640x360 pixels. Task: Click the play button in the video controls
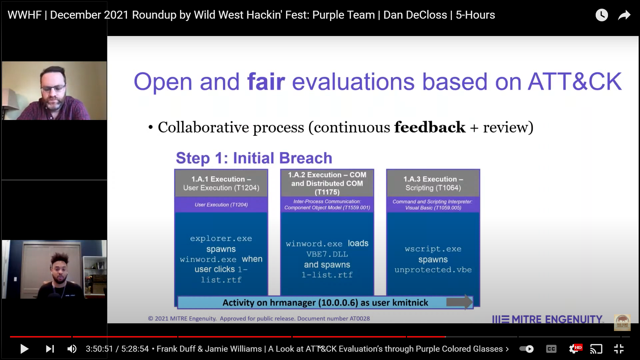point(24,349)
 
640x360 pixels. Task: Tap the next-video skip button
point(50,349)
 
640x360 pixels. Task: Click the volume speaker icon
point(72,349)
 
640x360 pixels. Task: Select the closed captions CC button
point(551,349)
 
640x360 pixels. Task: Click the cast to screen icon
point(596,349)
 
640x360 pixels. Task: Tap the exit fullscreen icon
point(619,349)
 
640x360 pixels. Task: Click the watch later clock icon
point(602,15)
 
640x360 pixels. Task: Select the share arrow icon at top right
point(624,15)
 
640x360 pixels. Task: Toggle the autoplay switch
point(527,349)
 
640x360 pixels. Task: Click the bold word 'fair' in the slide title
point(266,82)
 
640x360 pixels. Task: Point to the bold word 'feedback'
point(430,127)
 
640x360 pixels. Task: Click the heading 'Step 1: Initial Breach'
point(254,158)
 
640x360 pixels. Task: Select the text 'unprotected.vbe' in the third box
point(433,270)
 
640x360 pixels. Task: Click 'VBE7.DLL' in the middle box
point(327,254)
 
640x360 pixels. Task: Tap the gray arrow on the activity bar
point(460,302)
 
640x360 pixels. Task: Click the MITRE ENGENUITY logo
point(548,319)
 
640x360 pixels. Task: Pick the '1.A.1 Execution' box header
point(221,183)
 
